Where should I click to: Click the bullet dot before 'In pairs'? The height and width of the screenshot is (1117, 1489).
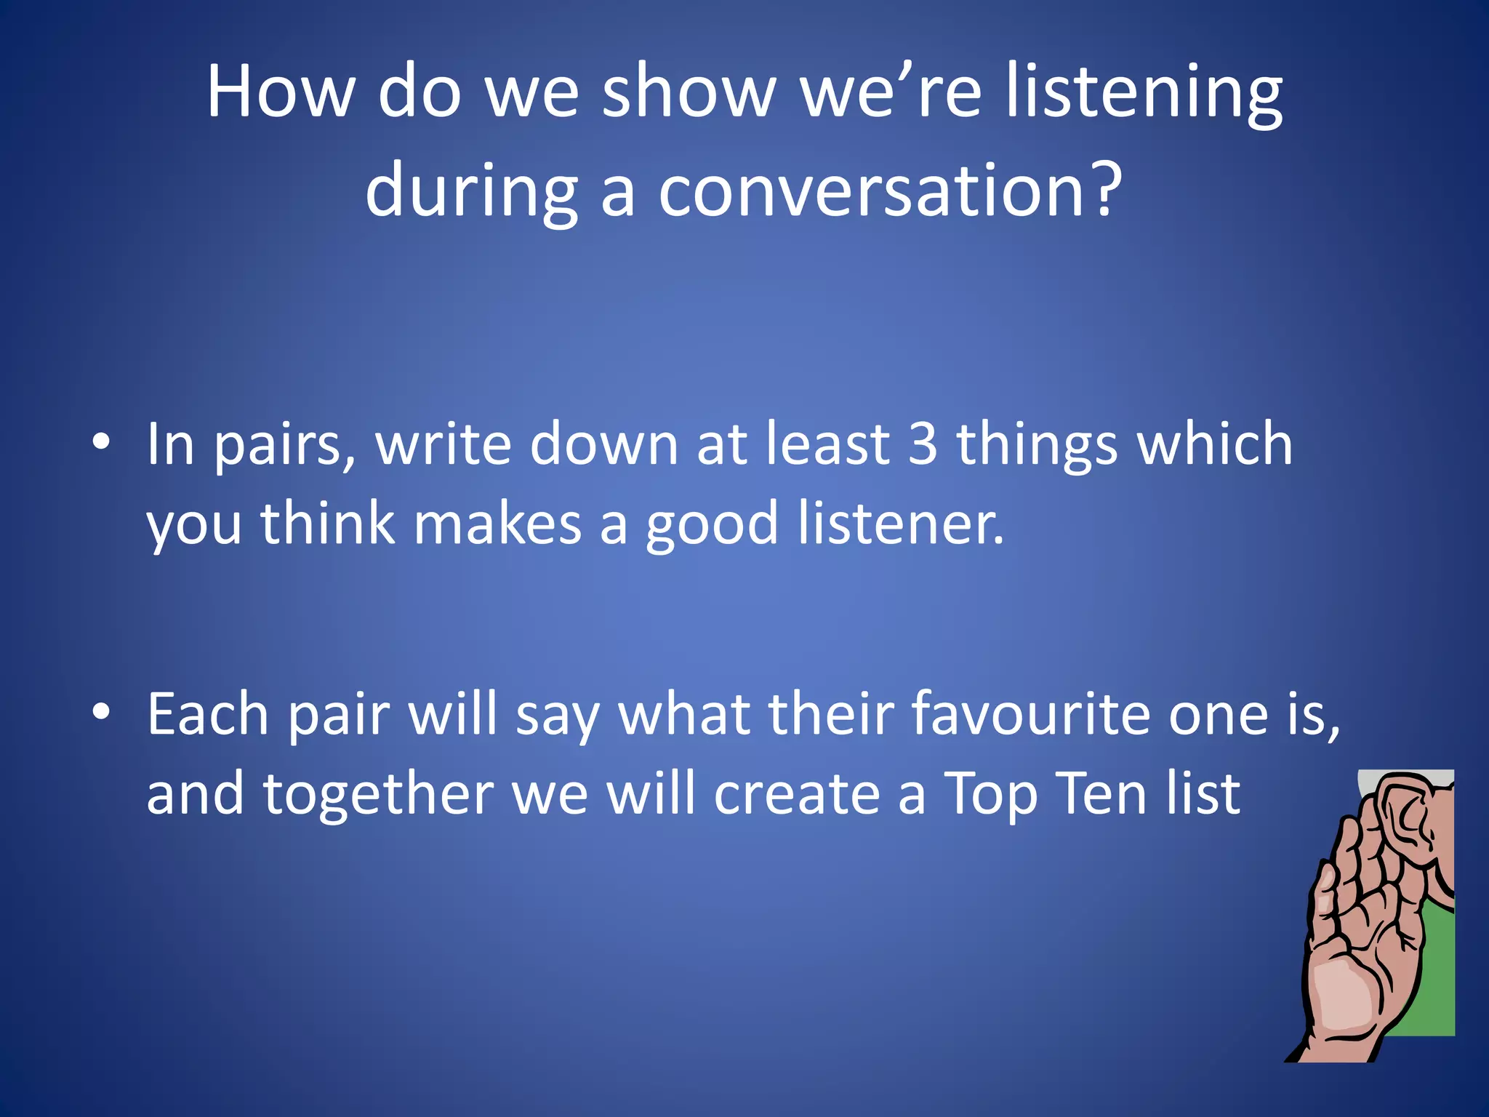[102, 442]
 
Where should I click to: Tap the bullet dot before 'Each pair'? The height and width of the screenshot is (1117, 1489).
[102, 713]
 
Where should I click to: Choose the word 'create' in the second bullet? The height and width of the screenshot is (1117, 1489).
[797, 794]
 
